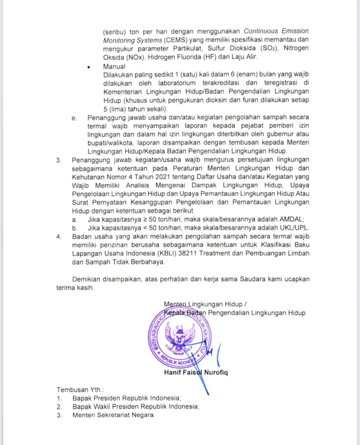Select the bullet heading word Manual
point(114,66)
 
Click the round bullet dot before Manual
point(89,67)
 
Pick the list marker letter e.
point(74,118)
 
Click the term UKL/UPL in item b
point(296,228)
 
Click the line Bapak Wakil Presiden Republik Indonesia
point(135,406)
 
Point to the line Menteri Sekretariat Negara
point(113,415)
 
